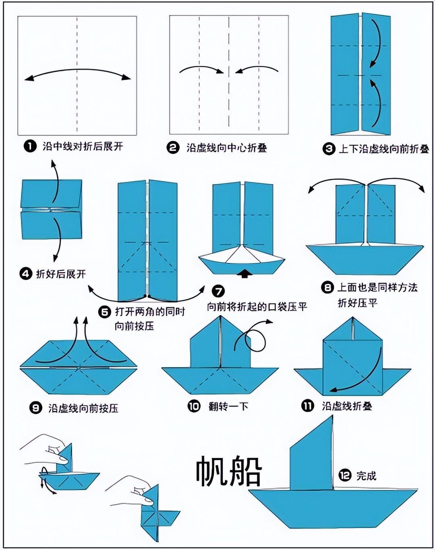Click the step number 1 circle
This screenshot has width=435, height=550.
pyautogui.click(x=30, y=147)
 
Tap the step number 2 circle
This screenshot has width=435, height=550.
pyautogui.click(x=173, y=148)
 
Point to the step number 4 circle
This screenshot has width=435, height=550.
pyautogui.click(x=25, y=274)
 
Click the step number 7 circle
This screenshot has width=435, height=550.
pyautogui.click(x=218, y=292)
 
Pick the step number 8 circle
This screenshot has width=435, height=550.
pyautogui.click(x=327, y=288)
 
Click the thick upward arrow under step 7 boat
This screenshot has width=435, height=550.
pyautogui.click(x=245, y=273)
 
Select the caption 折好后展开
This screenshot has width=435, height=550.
pyautogui.click(x=61, y=274)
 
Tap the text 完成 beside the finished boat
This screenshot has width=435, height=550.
pyautogui.click(x=366, y=476)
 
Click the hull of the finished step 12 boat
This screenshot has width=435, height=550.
pyautogui.click(x=332, y=509)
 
